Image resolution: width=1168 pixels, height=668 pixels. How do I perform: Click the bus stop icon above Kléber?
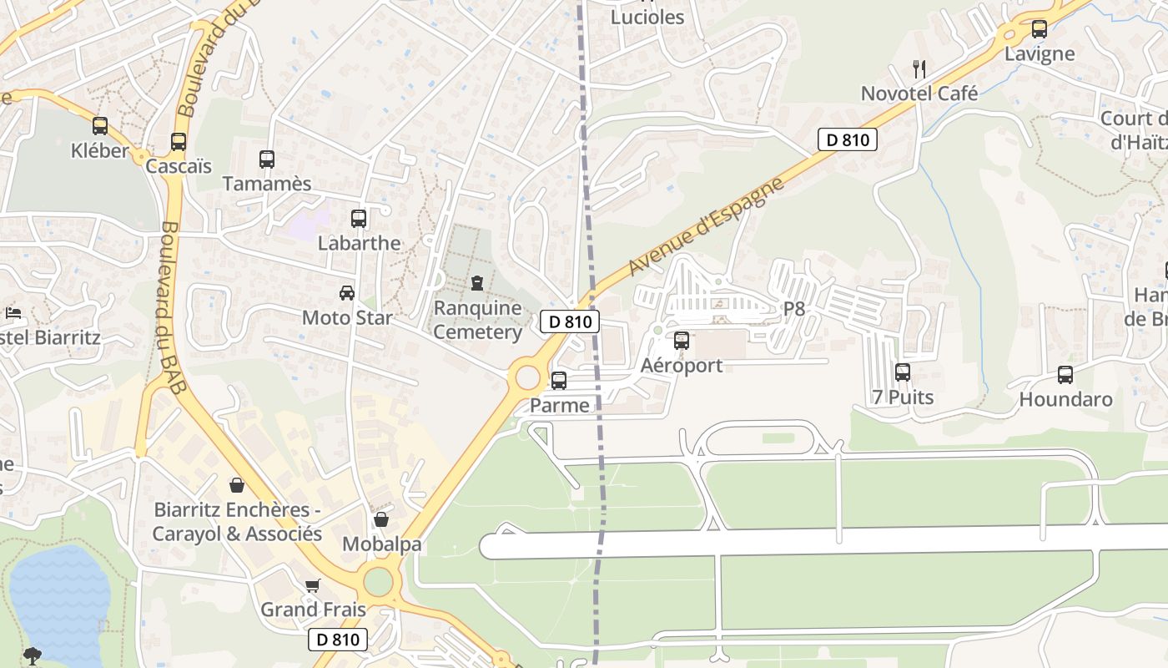pos(100,126)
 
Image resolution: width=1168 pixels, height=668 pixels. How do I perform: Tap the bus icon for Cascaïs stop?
pos(179,142)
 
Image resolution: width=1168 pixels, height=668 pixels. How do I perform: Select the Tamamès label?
pos(266,184)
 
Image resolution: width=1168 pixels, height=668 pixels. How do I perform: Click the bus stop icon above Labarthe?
pos(359,219)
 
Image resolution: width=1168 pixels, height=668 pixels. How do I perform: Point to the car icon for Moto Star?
pos(346,293)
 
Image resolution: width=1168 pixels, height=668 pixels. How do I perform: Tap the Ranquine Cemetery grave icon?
pos(477,283)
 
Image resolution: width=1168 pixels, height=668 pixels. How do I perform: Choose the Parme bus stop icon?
pos(559,381)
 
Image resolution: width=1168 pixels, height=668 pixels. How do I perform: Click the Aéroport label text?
pos(681,366)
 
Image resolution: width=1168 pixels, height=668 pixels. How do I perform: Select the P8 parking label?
pos(793,309)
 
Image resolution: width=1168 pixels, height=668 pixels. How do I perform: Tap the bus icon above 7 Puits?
pos(902,372)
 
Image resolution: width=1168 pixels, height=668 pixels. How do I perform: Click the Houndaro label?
pos(1065,399)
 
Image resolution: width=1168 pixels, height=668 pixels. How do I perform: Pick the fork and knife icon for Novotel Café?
pos(919,68)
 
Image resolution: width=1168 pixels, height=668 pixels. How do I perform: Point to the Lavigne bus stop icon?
pos(1039,29)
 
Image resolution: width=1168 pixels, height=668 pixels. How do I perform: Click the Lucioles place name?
pos(647,17)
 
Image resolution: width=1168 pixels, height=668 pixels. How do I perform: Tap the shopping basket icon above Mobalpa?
pos(381,519)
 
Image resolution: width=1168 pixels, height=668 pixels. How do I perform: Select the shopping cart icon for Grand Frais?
pos(313,585)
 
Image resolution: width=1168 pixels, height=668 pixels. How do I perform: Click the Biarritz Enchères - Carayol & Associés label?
pos(237,522)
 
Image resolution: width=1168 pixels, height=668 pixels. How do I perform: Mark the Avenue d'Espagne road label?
pos(707,225)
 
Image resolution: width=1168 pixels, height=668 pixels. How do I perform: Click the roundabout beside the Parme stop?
pos(528,377)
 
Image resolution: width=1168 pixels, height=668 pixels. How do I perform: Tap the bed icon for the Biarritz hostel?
pos(13,313)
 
